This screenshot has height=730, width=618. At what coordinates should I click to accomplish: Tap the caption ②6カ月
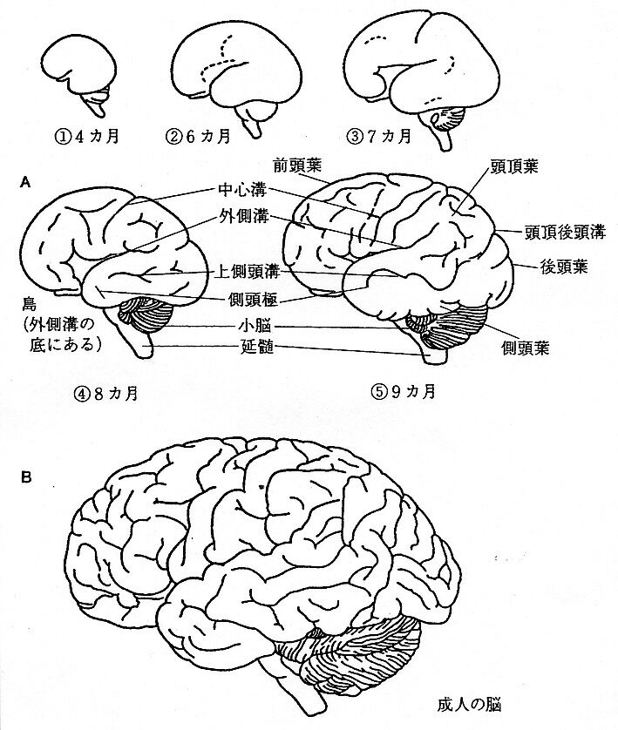pyautogui.click(x=199, y=136)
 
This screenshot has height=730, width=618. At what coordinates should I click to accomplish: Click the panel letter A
pyautogui.click(x=24, y=182)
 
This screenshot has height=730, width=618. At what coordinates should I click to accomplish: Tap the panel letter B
pyautogui.click(x=25, y=478)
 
